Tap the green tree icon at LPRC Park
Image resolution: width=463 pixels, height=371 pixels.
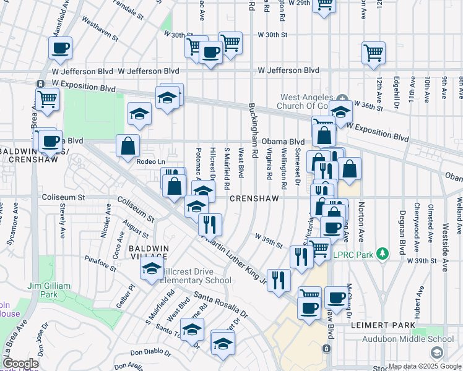pos(384,254)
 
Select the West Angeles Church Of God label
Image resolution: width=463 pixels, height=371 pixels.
pos(309,102)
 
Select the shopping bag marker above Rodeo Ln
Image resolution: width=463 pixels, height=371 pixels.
pos(128,146)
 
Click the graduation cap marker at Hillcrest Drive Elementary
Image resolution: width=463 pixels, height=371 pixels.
pos(150,269)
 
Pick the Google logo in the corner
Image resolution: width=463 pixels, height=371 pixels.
pos(20,364)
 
